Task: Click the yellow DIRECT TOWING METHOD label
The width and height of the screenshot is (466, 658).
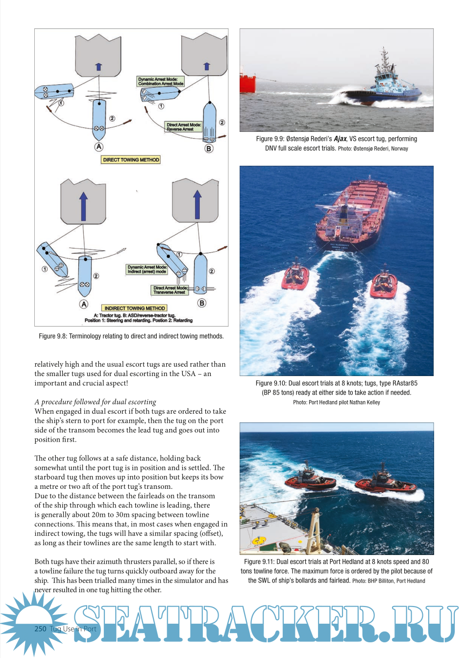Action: click(x=131, y=160)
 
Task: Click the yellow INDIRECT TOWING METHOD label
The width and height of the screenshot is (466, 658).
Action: click(x=135, y=308)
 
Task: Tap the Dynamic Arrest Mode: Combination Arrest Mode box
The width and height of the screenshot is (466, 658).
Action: click(x=161, y=81)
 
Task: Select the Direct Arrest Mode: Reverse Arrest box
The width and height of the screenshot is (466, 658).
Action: click(x=184, y=127)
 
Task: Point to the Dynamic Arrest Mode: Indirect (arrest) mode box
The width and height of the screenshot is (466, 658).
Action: click(x=147, y=269)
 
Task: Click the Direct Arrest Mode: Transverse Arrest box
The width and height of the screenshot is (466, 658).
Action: click(x=170, y=290)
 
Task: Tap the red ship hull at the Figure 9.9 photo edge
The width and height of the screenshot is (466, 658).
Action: click(x=247, y=82)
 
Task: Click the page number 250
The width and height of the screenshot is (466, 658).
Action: click(x=40, y=629)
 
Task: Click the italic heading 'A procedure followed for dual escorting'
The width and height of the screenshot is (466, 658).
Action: click(x=95, y=402)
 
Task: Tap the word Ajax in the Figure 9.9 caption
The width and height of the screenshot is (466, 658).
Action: click(x=340, y=139)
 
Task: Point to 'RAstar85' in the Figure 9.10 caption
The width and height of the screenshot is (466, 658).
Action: click(x=405, y=383)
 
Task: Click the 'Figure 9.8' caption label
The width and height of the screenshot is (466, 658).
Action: click(x=52, y=336)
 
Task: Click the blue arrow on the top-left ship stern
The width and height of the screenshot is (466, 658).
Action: click(x=98, y=67)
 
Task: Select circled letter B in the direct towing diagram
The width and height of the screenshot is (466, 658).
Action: click(x=209, y=148)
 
